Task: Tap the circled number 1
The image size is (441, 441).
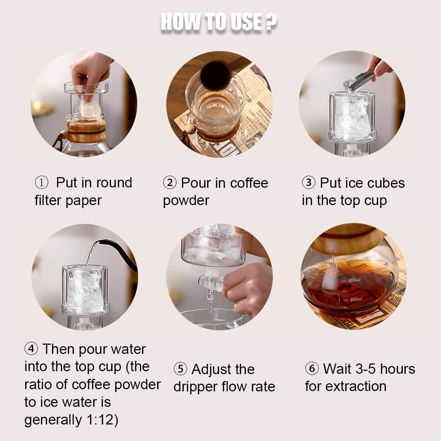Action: [41, 182]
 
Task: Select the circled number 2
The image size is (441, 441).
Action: [169, 183]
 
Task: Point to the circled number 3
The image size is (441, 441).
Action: [309, 183]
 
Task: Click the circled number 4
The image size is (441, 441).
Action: [31, 348]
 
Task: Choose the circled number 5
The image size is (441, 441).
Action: [180, 369]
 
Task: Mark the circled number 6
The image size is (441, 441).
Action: [312, 369]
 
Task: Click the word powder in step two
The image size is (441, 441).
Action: [186, 201]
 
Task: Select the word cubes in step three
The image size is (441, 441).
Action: [386, 183]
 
